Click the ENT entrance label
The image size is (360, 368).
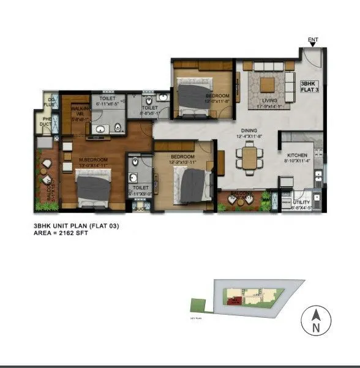click(x=313, y=41)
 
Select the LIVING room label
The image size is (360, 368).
click(x=269, y=101)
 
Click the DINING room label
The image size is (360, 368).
click(x=248, y=130)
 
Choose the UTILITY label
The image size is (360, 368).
click(x=301, y=202)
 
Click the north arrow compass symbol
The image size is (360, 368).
click(x=315, y=320)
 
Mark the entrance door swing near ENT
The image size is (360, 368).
click(x=313, y=58)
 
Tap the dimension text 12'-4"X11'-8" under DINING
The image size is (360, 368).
click(x=248, y=137)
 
